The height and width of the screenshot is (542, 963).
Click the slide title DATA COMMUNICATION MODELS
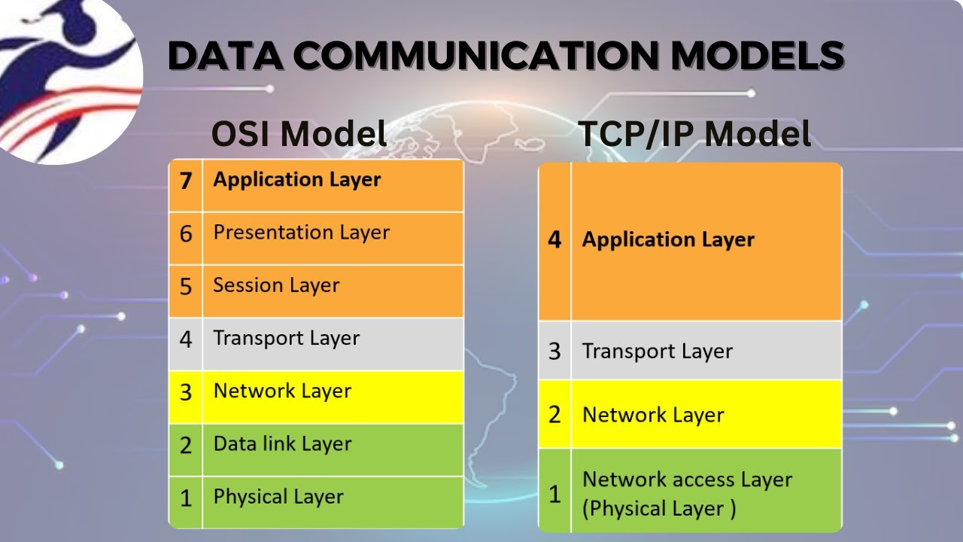(505, 56)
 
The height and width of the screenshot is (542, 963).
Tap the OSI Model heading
(299, 134)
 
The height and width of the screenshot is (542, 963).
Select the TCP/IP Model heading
(694, 134)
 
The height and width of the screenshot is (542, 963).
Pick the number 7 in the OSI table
(186, 181)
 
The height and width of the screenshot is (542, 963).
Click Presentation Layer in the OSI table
(301, 233)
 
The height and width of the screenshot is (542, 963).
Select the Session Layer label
(276, 285)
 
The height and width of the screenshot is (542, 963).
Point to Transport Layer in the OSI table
(286, 339)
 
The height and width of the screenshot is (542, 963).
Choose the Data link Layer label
(282, 444)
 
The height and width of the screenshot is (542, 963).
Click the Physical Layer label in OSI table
(278, 497)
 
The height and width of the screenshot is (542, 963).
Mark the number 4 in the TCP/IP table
(554, 241)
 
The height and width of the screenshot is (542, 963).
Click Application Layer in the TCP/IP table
(668, 240)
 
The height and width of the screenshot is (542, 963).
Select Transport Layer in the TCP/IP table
(657, 352)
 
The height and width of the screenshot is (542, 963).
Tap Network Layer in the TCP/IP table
(653, 415)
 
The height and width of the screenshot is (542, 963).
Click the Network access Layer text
(687, 480)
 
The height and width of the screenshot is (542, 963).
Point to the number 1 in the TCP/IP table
(554, 495)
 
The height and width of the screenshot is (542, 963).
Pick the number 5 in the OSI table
(186, 287)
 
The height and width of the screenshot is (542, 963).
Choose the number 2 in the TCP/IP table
(554, 415)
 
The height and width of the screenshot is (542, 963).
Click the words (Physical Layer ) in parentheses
(659, 509)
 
